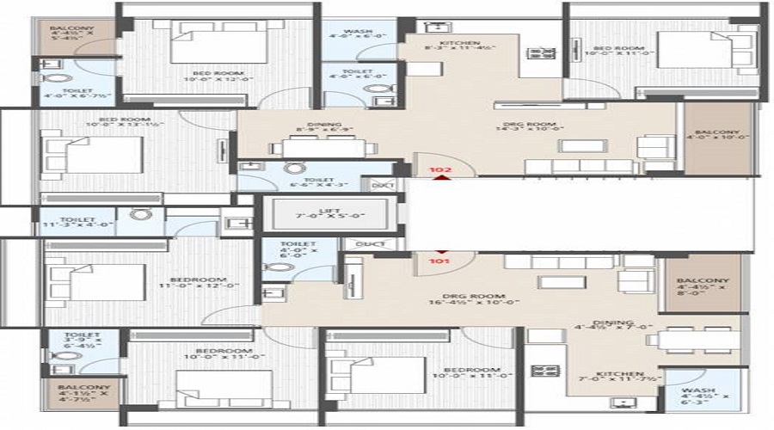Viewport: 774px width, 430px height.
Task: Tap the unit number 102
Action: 440,170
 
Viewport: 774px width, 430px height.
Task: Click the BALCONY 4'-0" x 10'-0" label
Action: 717,138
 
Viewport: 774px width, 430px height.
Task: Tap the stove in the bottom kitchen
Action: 545,372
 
